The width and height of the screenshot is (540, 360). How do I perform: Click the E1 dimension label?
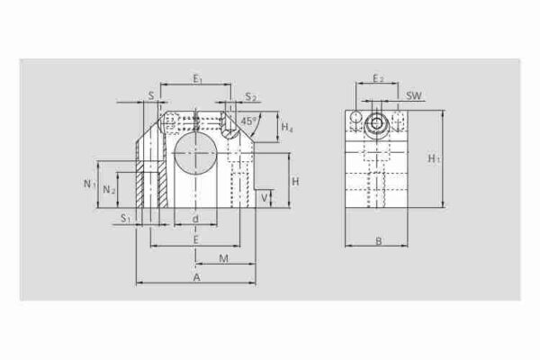point(196,79)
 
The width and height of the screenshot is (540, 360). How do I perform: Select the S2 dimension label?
point(251,97)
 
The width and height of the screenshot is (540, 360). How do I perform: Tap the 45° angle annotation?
point(248,119)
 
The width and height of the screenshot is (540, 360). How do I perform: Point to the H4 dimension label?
point(286,129)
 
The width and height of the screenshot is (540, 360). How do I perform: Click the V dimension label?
point(264,195)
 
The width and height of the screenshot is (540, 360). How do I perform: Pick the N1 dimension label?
point(89,184)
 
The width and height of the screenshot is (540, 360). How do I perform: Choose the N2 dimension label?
point(109,189)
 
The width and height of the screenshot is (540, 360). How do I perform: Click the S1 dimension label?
point(126,219)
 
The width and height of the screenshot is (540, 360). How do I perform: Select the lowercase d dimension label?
point(195,219)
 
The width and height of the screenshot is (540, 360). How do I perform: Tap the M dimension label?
point(223,259)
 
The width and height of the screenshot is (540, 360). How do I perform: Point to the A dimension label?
point(196,278)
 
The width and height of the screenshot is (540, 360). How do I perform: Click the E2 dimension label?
point(378,79)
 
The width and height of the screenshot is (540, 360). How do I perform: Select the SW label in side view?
point(415,94)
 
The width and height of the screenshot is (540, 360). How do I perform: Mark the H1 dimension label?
point(434,158)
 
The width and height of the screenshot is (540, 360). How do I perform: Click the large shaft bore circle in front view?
point(195,152)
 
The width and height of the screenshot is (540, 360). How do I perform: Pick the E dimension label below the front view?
point(195,238)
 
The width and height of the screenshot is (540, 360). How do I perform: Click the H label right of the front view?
point(294,182)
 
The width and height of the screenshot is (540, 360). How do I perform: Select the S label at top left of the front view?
point(150,94)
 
